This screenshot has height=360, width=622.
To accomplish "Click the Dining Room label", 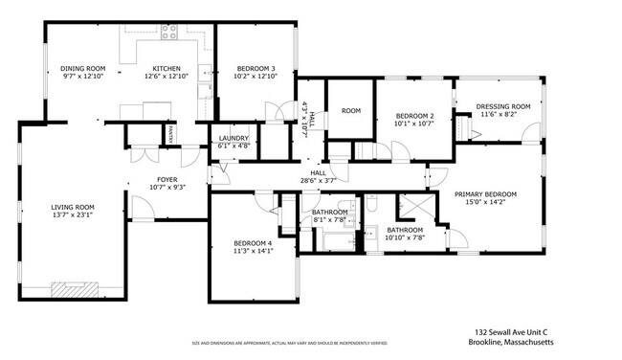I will click(x=82, y=69).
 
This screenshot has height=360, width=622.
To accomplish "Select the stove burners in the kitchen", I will click(x=169, y=31).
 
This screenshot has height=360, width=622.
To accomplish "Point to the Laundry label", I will click(x=233, y=138).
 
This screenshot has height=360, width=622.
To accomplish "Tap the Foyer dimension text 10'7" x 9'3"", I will click(x=167, y=189).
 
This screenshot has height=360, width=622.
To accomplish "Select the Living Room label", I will click(x=73, y=207).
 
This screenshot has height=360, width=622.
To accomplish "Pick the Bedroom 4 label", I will click(x=254, y=244).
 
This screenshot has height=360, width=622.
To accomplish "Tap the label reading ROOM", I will click(x=350, y=111).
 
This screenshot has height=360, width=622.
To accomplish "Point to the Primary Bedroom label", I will click(x=486, y=194).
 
